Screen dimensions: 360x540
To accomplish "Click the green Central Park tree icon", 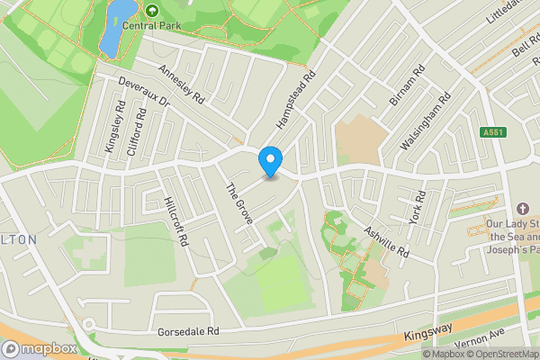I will click(x=151, y=10).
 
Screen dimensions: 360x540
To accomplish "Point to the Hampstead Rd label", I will click(x=298, y=99).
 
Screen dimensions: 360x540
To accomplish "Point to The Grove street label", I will click(x=238, y=202).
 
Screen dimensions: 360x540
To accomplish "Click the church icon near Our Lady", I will click(x=523, y=208).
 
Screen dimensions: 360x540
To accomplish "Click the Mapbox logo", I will click(x=40, y=348).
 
